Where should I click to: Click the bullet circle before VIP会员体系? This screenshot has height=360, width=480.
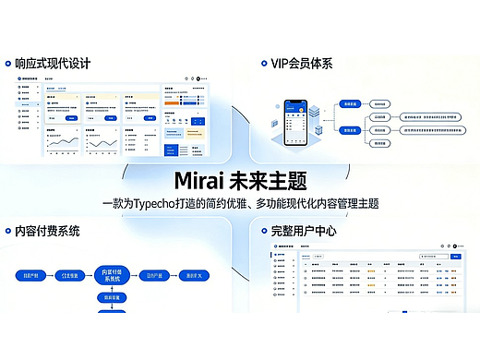click(x=261, y=64)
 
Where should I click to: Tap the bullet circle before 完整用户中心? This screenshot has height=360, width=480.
click(x=261, y=230)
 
